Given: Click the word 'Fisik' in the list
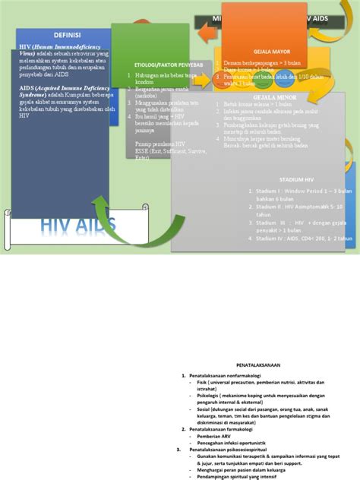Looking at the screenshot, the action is (203, 382).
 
